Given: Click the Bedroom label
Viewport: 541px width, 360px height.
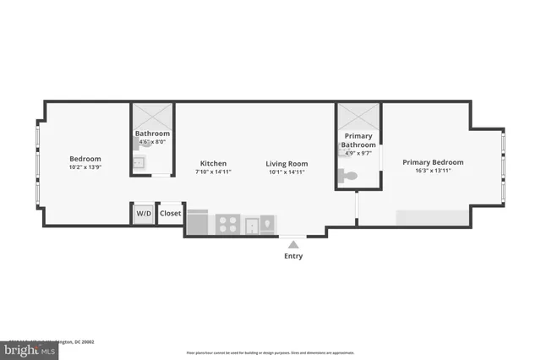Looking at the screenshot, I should click(85, 159).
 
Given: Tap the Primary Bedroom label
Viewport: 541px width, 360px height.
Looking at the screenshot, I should click(433, 162).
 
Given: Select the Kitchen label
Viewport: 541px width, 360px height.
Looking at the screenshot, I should click(213, 163).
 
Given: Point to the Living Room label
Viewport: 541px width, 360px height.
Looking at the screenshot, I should click(287, 163).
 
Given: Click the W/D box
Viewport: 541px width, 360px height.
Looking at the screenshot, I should click(144, 214).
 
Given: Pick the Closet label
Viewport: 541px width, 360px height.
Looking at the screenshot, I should click(170, 214).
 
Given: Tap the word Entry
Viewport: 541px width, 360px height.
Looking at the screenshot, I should click(293, 256).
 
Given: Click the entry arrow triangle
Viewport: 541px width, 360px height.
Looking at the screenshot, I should click(293, 243).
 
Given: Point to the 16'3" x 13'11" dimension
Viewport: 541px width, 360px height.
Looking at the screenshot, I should click(433, 172).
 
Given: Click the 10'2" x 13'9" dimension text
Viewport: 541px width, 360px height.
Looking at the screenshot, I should click(85, 168).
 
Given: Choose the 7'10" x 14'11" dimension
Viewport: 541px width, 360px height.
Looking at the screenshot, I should click(213, 172).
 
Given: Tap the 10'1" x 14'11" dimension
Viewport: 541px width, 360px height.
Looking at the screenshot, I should click(287, 172).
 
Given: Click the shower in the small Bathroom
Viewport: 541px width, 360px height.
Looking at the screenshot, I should click(152, 116).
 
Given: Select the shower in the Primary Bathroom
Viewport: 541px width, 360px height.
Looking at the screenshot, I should click(358, 116).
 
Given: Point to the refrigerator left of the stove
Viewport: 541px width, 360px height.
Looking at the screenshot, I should click(198, 222).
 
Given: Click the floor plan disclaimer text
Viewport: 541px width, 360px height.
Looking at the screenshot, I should click(270, 352).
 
